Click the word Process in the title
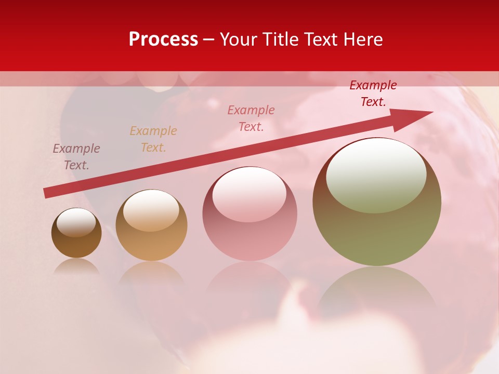pos(163,39)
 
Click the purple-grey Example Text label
pos(76,157)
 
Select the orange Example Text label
pos(153,139)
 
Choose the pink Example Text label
pos(251,118)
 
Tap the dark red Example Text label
pos(373,94)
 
